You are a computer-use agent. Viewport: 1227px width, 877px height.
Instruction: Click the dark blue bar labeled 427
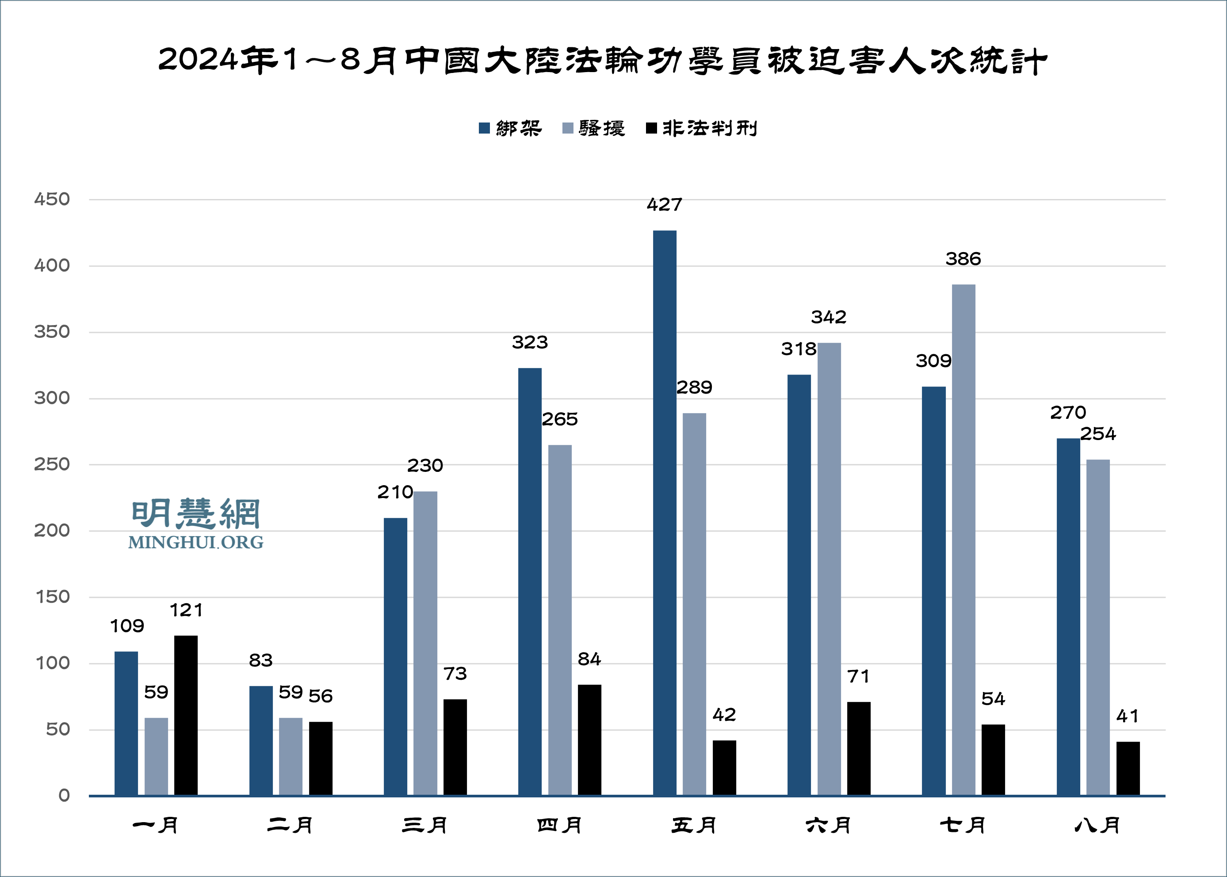665,513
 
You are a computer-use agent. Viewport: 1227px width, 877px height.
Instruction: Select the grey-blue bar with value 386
963,540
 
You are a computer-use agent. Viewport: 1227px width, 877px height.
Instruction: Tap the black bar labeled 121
186,715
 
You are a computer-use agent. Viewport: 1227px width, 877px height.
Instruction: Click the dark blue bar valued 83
261,740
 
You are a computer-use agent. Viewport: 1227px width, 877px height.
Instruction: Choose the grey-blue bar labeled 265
560,620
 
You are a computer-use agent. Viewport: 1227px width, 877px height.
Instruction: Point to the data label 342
829,317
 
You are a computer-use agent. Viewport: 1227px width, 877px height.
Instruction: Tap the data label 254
1098,434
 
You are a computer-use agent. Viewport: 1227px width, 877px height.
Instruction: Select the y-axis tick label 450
52,199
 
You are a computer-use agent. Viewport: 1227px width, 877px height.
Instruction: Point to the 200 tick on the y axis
52,530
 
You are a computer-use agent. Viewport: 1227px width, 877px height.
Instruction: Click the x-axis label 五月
694,825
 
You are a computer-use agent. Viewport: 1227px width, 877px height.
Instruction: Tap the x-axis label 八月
1097,825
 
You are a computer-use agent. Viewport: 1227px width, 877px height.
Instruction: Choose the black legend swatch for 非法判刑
651,128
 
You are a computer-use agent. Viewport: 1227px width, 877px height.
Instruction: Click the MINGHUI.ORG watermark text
195,542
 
